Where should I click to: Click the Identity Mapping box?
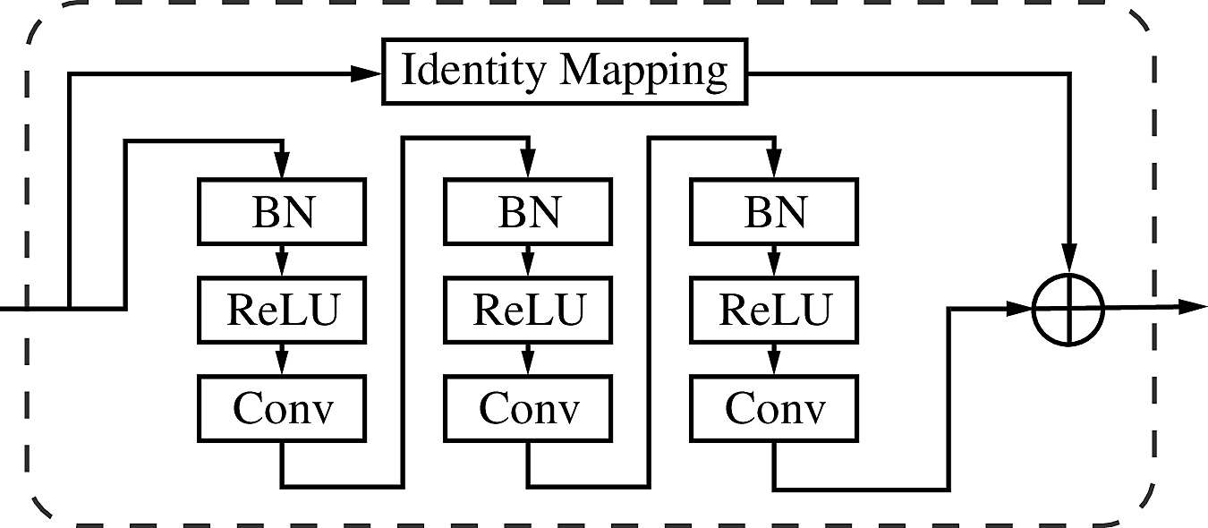point(565,72)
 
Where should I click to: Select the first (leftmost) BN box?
point(282,212)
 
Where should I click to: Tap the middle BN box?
point(528,212)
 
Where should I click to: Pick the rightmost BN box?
point(774,212)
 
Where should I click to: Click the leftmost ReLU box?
point(282,310)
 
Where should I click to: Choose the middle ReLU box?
point(528,310)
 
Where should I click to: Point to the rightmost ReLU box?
point(774,310)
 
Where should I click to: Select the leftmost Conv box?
point(282,409)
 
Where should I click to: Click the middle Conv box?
point(528,409)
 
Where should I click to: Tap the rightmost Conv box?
point(774,409)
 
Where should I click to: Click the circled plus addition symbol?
point(1068,309)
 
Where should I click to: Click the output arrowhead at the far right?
point(1192,307)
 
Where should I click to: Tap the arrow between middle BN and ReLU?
point(528,262)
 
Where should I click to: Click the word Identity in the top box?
point(472,70)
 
